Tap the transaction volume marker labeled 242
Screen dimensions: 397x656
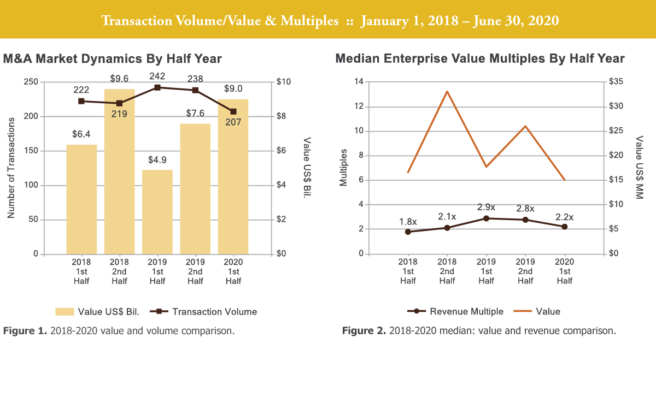(157, 87)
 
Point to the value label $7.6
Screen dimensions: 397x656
(195, 112)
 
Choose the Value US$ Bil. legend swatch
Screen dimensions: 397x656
(65, 312)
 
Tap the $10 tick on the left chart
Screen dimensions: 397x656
(285, 82)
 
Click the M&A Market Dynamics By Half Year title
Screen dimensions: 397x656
(112, 58)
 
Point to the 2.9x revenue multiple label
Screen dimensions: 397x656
(486, 207)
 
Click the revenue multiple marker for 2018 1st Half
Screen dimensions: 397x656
(408, 232)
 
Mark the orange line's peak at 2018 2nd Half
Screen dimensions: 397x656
(447, 91)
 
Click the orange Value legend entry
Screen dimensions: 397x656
(538, 311)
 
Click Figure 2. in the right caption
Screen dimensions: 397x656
(361, 330)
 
